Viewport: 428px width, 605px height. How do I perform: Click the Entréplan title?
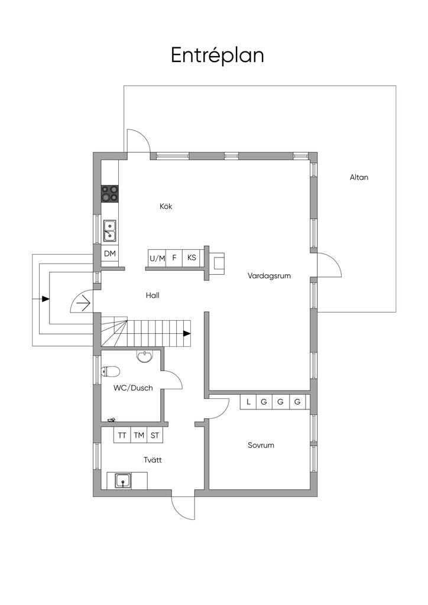(x=217, y=55)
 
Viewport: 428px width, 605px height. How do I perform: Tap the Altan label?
(x=359, y=177)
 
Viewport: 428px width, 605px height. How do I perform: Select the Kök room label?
(x=166, y=206)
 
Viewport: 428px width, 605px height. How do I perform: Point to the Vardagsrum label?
(x=269, y=275)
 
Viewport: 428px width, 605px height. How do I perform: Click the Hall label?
(x=153, y=295)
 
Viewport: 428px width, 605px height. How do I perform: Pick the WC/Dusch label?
(x=133, y=388)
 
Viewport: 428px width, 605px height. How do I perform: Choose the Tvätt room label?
(x=153, y=459)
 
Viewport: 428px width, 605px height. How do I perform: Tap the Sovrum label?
(x=261, y=445)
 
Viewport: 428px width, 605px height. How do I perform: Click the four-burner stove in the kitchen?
(x=109, y=193)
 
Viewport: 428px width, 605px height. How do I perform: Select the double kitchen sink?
(x=109, y=231)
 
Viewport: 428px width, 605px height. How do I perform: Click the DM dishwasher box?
(x=109, y=253)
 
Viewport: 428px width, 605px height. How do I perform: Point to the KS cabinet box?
(x=192, y=258)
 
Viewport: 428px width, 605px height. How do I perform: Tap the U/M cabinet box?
(x=157, y=258)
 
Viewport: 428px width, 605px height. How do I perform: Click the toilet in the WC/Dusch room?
(x=111, y=371)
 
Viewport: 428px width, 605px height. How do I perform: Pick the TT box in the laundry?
(x=122, y=435)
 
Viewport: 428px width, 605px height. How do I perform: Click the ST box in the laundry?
(x=155, y=435)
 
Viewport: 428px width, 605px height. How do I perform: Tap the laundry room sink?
(x=123, y=480)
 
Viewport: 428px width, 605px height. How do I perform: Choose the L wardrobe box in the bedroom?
(x=248, y=402)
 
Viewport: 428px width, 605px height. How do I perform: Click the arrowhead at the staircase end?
(x=187, y=333)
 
